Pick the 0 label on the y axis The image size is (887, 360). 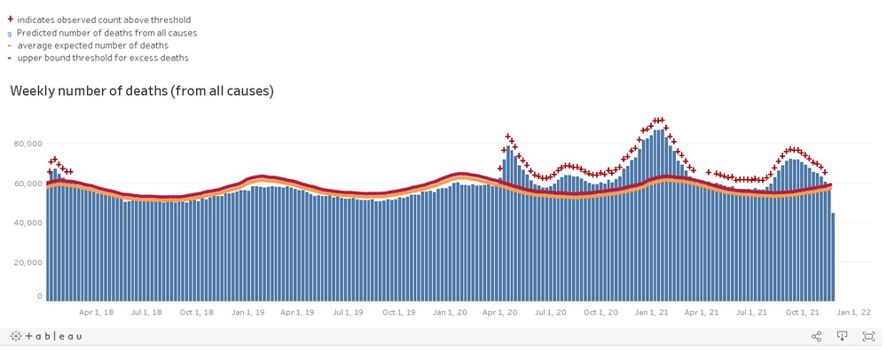39,296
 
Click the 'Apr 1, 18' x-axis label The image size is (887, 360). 96,312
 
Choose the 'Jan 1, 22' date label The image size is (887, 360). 854,312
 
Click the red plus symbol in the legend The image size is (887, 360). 10,19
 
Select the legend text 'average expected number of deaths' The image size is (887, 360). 92,45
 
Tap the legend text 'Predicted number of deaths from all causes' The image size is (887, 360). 106,32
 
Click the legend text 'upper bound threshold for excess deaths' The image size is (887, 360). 103,58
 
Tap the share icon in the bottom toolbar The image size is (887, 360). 816,336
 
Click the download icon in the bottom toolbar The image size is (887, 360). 843,336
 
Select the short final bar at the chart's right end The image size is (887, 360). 832,257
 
